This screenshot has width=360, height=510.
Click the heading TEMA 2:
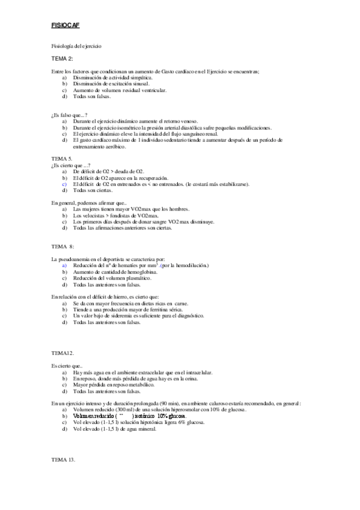(63, 58)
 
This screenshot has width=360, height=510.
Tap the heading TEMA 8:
(63, 247)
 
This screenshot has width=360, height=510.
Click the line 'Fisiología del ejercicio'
(76, 46)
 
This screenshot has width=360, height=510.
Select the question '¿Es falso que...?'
(70, 114)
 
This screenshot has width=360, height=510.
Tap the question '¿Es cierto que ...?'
(70, 165)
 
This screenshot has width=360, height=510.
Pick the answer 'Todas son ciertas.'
(92, 190)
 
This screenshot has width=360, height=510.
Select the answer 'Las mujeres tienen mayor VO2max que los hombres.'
(131, 209)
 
